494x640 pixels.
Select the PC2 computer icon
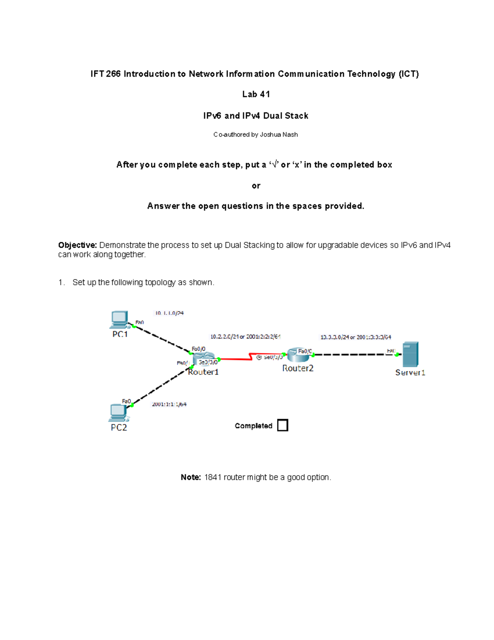pos(118,413)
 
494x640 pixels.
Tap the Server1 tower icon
pos(410,354)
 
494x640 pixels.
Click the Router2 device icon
pos(298,355)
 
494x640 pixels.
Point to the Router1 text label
pos(203,372)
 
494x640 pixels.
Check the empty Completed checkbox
pos(282,425)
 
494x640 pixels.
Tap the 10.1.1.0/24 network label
pos(169,313)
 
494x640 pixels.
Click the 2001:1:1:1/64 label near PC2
pos(169,404)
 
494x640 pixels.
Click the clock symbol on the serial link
pos(259,357)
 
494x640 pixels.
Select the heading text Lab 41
pos(256,94)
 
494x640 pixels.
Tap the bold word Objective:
pos(77,245)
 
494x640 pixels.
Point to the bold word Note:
pos(191,477)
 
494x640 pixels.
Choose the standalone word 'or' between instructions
pos(256,186)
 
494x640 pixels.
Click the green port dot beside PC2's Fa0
pos(132,406)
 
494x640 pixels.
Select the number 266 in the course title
pos(113,74)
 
